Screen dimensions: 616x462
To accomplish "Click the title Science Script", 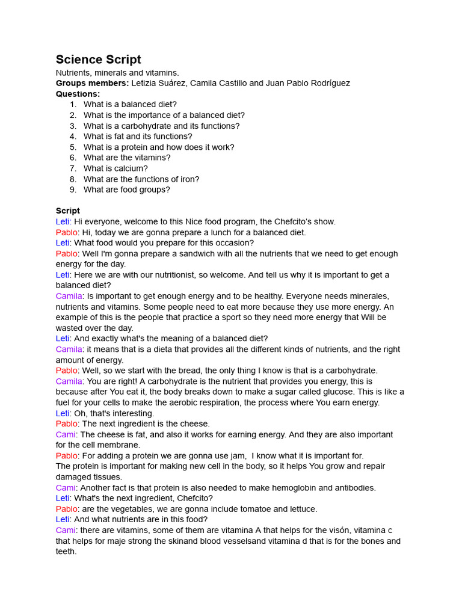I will tap(99, 60).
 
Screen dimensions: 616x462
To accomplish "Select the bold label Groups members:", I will tap(92, 83).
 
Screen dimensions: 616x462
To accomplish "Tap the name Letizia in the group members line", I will tap(146, 83).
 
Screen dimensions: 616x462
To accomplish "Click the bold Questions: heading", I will tap(78, 94).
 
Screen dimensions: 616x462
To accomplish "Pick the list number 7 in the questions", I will tap(73, 168).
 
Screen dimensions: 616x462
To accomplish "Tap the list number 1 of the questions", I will tap(73, 104).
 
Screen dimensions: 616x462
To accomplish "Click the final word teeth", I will tap(66, 551).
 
